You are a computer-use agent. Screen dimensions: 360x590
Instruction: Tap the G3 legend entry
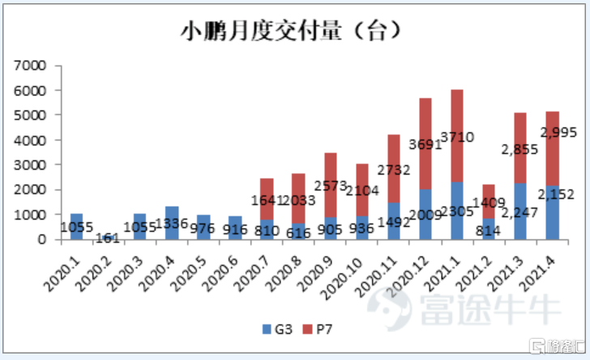[x=275, y=328]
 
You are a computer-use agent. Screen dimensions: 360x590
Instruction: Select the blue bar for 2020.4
[x=173, y=223]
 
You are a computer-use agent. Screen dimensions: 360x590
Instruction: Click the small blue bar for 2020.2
[x=109, y=237]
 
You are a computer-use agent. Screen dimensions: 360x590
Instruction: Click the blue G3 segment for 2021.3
[x=520, y=212]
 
